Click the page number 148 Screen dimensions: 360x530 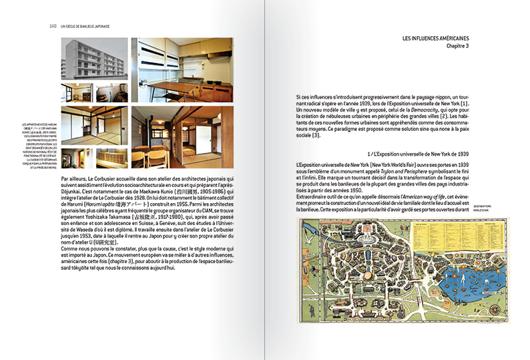click(x=52, y=26)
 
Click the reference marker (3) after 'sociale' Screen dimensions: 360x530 click(x=317, y=136)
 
